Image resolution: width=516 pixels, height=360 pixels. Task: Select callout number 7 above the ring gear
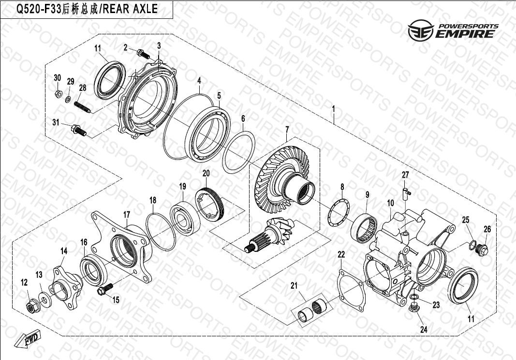point(287,129)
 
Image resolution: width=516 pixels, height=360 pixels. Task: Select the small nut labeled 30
point(58,94)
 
